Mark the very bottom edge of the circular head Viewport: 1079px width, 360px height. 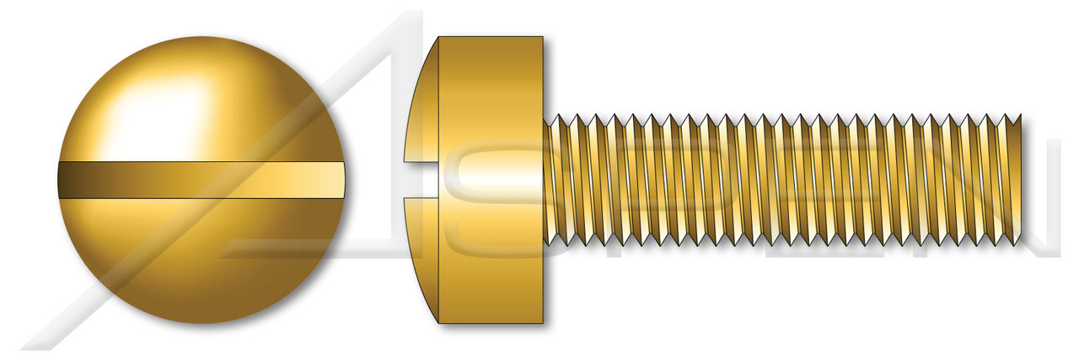[x=202, y=323]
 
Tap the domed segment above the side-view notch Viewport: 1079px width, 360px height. [x=421, y=110]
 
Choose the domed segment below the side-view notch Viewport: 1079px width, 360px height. [x=421, y=253]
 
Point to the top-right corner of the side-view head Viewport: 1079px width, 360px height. [x=542, y=38]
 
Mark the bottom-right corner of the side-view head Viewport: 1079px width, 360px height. [x=542, y=323]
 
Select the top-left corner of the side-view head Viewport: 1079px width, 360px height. [x=439, y=38]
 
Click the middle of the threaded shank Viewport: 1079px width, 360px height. [x=784, y=180]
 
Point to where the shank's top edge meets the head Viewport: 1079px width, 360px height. [x=545, y=118]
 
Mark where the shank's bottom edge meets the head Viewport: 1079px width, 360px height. [x=545, y=243]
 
